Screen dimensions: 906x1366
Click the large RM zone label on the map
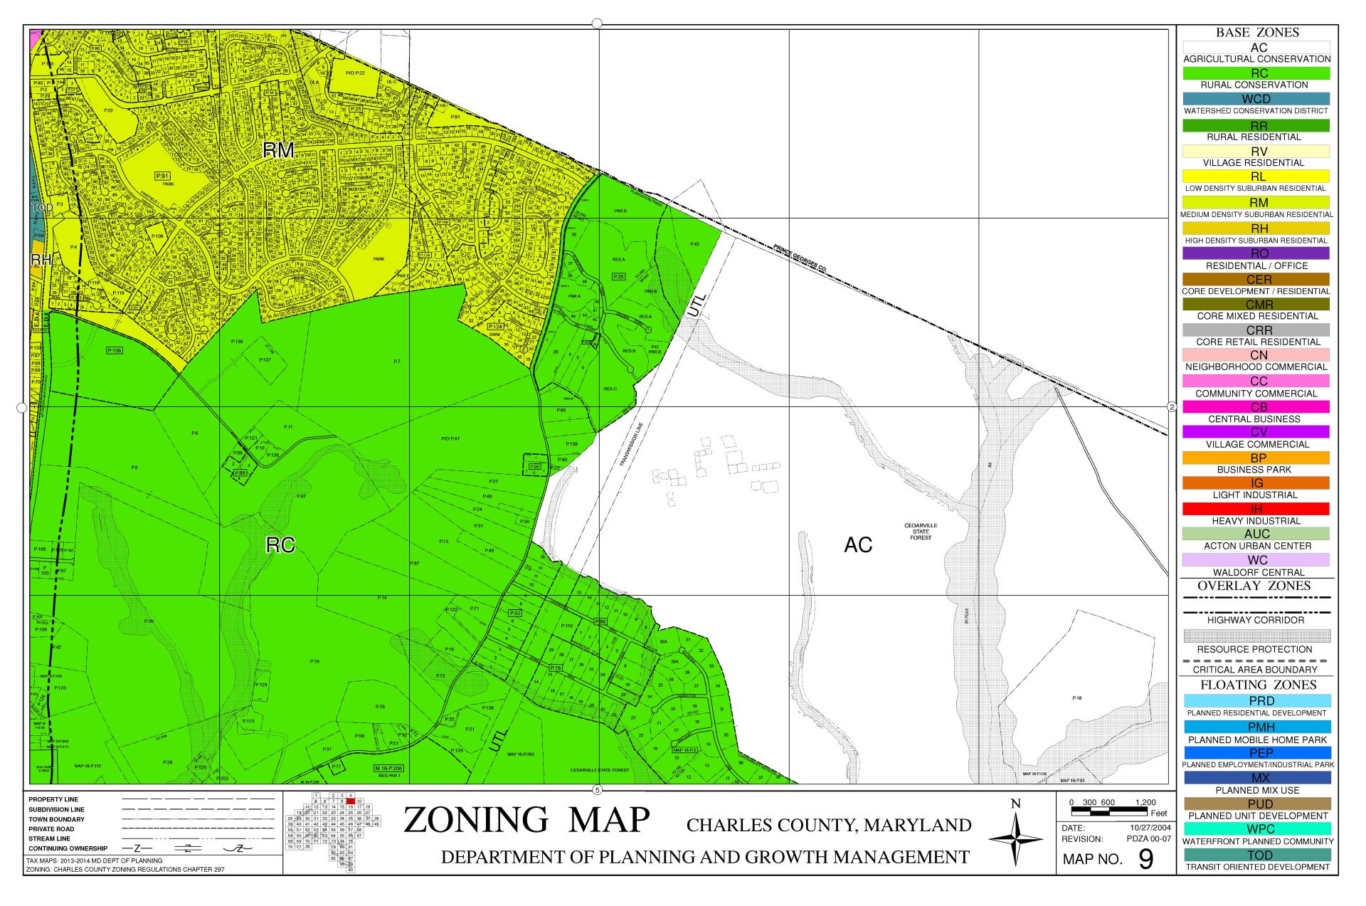(x=278, y=149)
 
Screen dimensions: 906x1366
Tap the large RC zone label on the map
(x=280, y=545)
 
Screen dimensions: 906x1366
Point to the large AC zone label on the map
(x=858, y=545)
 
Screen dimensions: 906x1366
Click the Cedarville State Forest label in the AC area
(x=921, y=532)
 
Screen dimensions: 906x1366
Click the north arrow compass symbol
(x=1015, y=839)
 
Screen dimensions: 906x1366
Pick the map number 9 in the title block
(x=1145, y=859)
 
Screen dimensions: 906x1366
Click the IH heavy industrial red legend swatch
(x=1256, y=509)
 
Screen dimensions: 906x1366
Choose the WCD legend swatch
(x=1256, y=99)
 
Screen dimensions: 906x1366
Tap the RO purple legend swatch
(x=1256, y=253)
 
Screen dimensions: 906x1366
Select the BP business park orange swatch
(x=1256, y=458)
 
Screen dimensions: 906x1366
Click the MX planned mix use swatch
(x=1256, y=778)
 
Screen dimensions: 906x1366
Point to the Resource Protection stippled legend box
(x=1256, y=636)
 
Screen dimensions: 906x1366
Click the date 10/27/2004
(x=1150, y=828)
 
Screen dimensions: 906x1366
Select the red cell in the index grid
(x=351, y=801)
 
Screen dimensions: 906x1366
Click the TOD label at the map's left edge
(x=41, y=208)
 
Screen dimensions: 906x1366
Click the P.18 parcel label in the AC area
(x=1076, y=698)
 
